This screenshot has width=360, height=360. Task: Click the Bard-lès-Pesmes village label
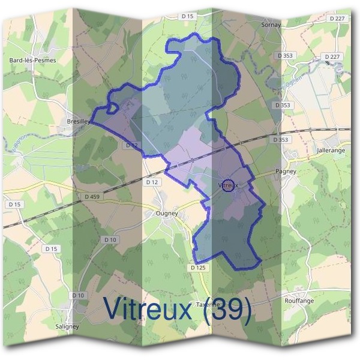(32, 60)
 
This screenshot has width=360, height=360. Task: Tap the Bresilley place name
(79, 120)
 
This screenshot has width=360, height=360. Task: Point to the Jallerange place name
(331, 150)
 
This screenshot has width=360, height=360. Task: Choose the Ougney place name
(166, 213)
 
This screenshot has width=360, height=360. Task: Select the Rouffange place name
(300, 301)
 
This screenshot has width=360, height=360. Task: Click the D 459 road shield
(92, 196)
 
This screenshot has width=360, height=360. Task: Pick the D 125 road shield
(198, 267)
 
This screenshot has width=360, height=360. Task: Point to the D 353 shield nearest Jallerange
(279, 139)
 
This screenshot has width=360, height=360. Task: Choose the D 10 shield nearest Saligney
(78, 295)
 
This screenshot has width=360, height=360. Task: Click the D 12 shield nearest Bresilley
(132, 145)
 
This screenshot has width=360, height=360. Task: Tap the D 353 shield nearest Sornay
(286, 55)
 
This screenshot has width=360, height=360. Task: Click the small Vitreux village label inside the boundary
(229, 185)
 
